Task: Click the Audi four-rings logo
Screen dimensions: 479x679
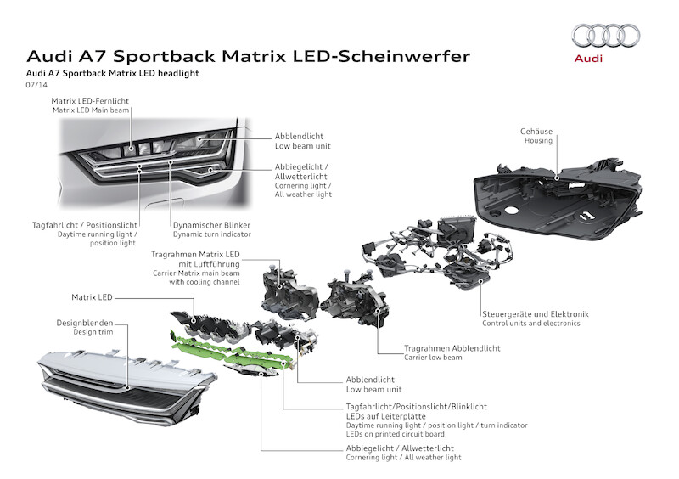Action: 606,36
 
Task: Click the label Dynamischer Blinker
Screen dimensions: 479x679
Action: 208,224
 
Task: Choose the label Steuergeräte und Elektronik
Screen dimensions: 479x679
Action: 535,313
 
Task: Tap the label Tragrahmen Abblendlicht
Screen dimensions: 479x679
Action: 452,348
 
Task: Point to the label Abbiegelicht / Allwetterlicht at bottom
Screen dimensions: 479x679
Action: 400,448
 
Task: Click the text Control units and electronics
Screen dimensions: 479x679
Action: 530,324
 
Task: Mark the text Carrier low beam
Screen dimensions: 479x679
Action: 434,358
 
